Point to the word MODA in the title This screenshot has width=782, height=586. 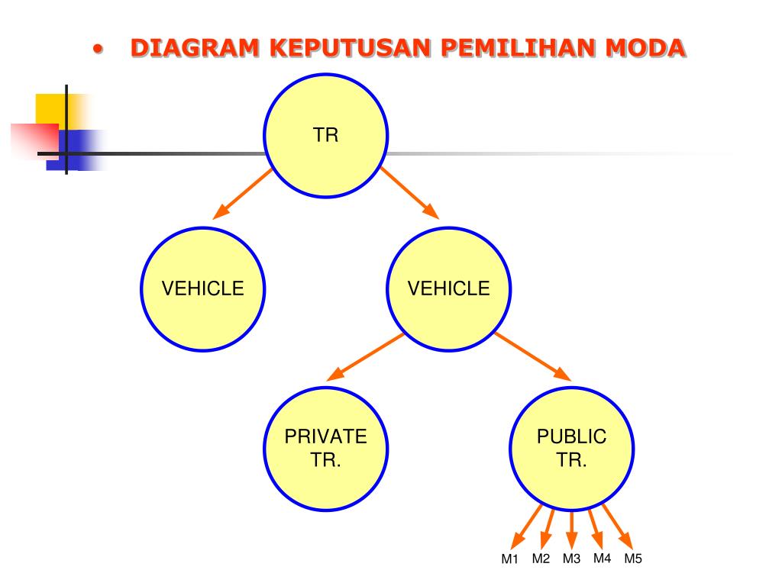tap(645, 48)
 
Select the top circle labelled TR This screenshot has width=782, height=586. tap(326, 136)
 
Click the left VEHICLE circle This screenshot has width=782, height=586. tap(202, 288)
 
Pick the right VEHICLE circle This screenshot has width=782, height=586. tap(449, 288)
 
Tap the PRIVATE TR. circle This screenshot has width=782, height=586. tap(326, 449)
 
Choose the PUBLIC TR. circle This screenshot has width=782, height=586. tap(571, 449)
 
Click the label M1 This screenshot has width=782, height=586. tap(509, 559)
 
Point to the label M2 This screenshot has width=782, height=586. tap(541, 559)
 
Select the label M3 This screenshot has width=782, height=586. tap(572, 559)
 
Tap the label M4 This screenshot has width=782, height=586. tap(603, 558)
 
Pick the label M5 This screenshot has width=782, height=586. tap(633, 559)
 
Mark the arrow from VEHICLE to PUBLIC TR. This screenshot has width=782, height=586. tap(532, 356)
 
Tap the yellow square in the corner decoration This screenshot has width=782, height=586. tap(50, 108)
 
